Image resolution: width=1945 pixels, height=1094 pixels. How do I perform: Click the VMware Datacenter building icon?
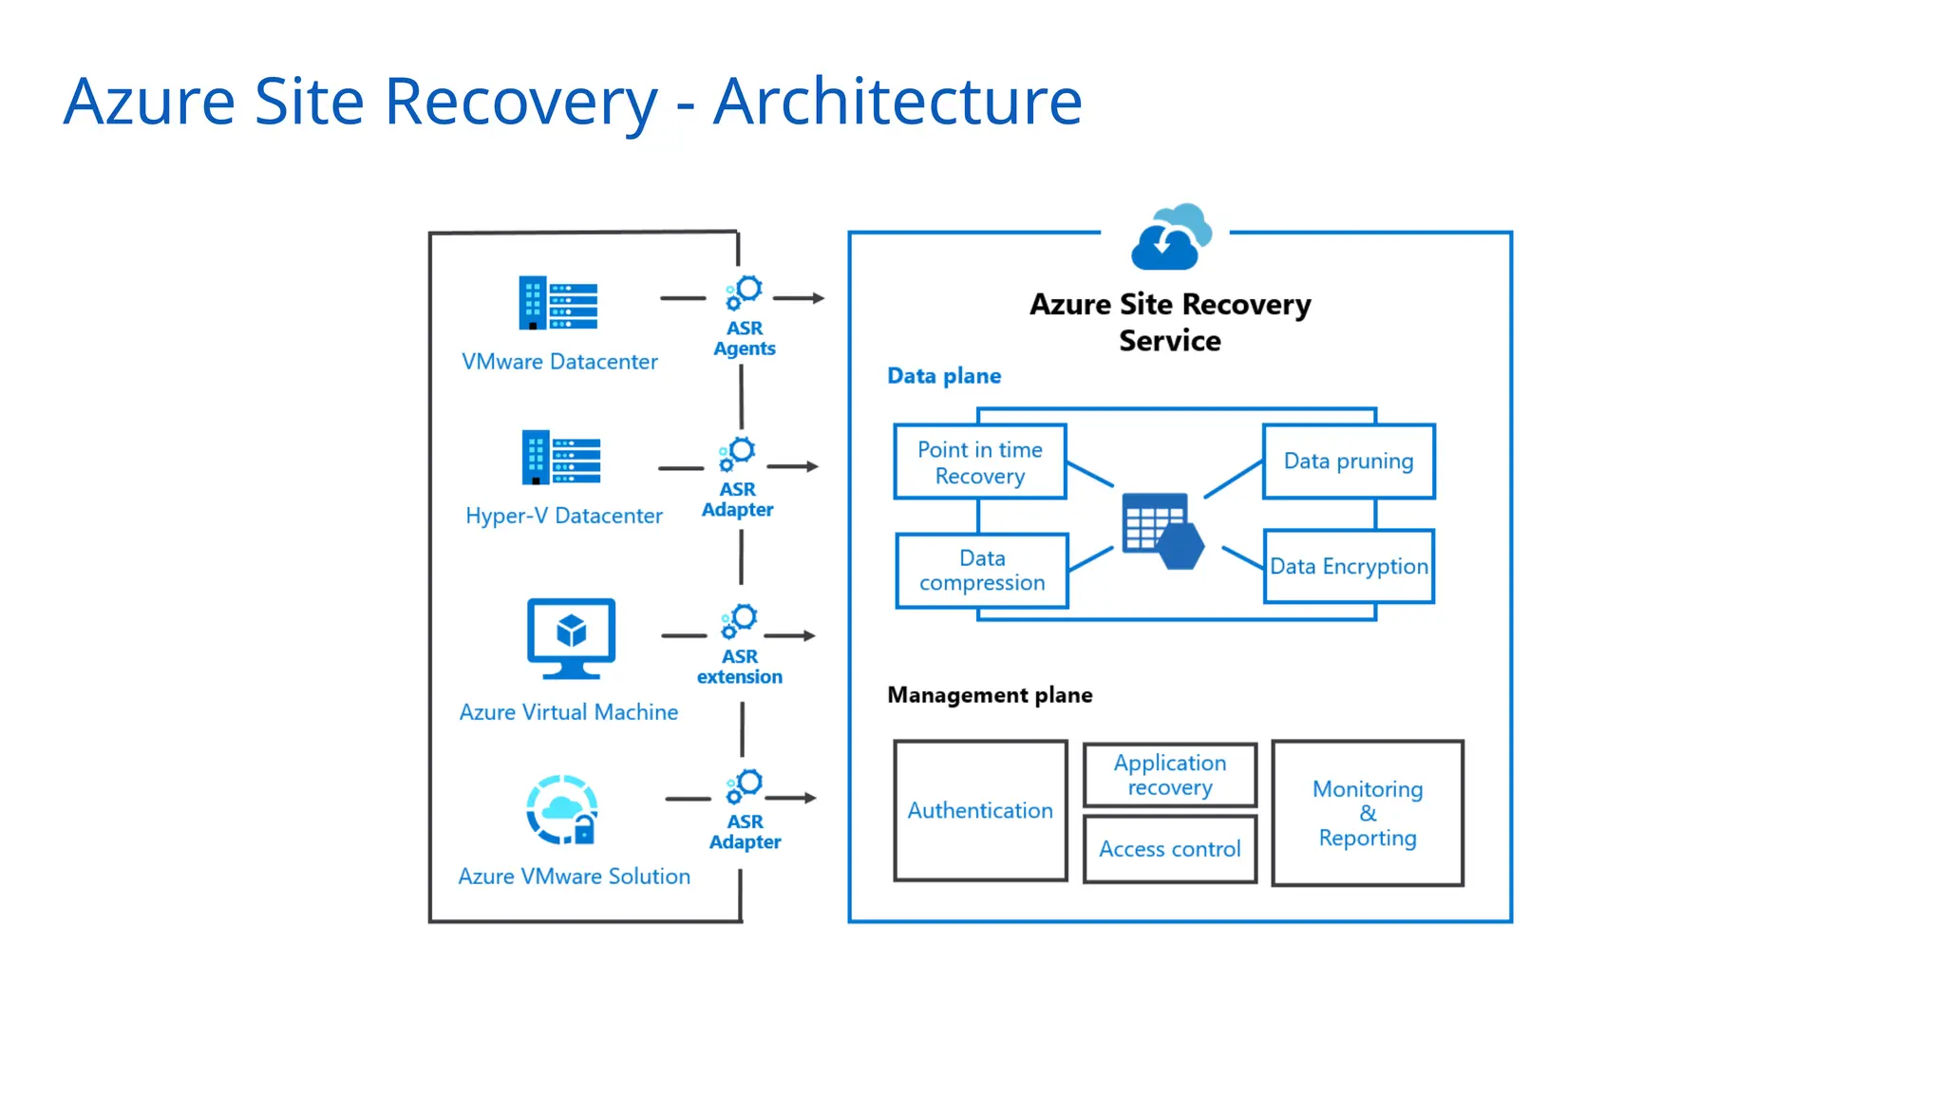[557, 303]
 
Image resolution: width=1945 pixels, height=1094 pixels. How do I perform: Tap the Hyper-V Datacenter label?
[563, 516]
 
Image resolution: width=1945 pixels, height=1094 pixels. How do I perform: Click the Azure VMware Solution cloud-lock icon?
[561, 810]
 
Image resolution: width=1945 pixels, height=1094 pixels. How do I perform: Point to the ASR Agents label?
[744, 338]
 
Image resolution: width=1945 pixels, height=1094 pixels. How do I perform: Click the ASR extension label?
[739, 667]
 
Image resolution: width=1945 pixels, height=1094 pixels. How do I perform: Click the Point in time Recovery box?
[979, 462]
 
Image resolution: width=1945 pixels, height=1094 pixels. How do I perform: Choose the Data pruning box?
[1348, 462]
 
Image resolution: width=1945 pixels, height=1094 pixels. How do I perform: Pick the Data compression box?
[981, 571]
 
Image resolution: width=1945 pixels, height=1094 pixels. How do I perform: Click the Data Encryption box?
[1348, 566]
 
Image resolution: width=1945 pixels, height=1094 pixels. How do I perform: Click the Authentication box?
[979, 810]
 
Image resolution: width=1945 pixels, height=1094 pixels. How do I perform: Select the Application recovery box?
[1169, 775]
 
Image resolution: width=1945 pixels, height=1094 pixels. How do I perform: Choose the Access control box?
[1169, 849]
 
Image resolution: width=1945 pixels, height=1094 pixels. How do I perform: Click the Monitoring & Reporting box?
[1367, 813]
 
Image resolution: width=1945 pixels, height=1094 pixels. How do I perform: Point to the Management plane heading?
[989, 695]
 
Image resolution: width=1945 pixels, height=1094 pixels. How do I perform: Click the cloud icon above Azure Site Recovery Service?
[1171, 237]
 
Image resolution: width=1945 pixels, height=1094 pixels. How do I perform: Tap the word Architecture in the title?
[897, 102]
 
